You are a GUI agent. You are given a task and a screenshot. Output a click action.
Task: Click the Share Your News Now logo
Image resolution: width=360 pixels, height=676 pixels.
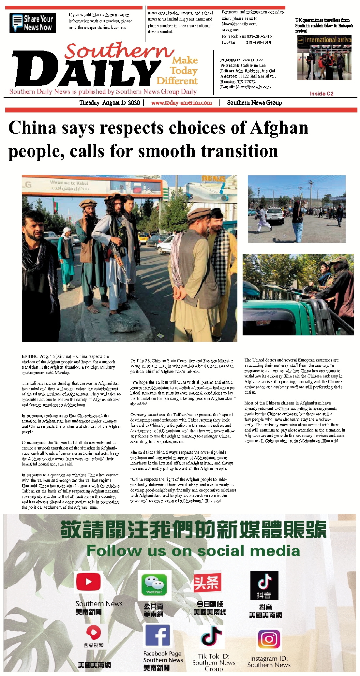pyautogui.click(x=33, y=23)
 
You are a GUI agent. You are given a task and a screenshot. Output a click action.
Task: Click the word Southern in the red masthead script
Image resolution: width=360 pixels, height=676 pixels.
pyautogui.click(x=119, y=51)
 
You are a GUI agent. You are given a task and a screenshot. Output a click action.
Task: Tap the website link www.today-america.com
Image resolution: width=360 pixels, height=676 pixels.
pyautogui.click(x=181, y=103)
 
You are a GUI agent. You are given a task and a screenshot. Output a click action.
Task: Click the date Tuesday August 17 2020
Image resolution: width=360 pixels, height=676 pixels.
pyautogui.click(x=110, y=103)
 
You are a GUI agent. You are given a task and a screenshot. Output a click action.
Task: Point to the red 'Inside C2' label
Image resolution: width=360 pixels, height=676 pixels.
pyautogui.click(x=322, y=94)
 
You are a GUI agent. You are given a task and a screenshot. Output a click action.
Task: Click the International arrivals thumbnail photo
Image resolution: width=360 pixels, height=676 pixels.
pyautogui.click(x=324, y=58)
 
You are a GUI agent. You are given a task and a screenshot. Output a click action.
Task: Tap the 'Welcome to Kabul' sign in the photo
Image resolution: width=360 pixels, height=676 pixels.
pyautogui.click(x=69, y=185)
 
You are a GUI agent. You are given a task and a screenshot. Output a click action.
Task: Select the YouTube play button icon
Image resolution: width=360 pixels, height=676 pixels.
pyautogui.click(x=88, y=582)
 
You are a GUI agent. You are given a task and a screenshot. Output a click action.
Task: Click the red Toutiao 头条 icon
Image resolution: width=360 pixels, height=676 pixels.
pyautogui.click(x=207, y=583)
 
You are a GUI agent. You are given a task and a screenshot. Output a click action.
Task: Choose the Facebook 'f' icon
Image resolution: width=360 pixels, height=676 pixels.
pyautogui.click(x=157, y=636)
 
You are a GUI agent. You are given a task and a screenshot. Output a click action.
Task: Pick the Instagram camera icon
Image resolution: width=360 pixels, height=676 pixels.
pyautogui.click(x=269, y=639)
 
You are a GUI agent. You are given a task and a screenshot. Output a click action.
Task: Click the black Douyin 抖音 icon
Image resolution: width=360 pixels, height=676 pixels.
pyautogui.click(x=264, y=585)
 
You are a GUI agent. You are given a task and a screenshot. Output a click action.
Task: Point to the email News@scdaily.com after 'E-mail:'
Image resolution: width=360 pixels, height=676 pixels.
pyautogui.click(x=253, y=87)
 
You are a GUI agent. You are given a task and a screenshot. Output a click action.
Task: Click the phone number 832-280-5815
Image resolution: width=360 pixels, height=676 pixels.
pyautogui.click(x=259, y=37)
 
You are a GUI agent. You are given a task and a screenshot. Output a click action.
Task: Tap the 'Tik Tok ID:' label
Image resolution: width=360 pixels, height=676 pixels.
pyautogui.click(x=214, y=656)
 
